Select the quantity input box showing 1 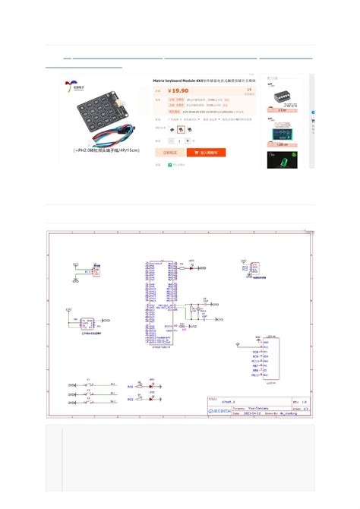point(180,141)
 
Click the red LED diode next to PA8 point(151,386)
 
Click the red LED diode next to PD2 point(151,397)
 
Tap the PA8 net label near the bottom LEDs point(130,387)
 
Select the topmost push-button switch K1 point(89,383)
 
